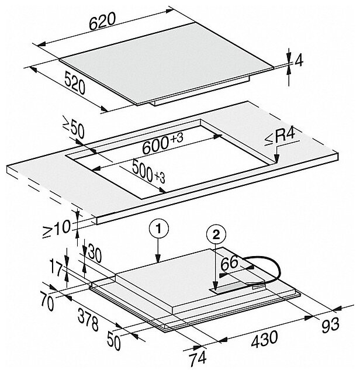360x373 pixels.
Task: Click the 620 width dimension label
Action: (x=102, y=22)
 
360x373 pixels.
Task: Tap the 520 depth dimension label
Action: (x=75, y=84)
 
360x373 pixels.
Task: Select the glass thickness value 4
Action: (x=299, y=61)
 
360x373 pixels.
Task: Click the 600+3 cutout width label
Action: (x=163, y=143)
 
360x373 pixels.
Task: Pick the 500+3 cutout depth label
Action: (x=148, y=171)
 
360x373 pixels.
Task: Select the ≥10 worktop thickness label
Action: (x=57, y=229)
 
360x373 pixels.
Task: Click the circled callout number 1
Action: (x=158, y=229)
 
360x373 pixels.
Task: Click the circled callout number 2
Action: (x=216, y=236)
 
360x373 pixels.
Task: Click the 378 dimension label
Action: (x=88, y=320)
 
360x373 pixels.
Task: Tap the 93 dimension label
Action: (x=330, y=326)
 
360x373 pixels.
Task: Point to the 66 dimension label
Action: (x=229, y=263)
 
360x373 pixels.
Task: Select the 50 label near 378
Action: (x=113, y=341)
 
